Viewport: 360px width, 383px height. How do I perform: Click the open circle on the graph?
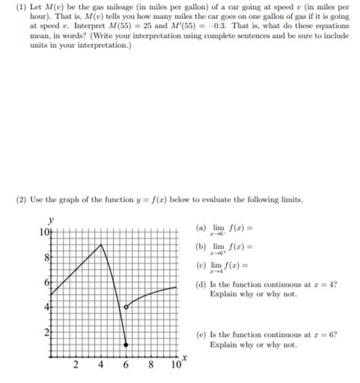coord(126,306)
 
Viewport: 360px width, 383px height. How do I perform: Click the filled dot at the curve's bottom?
coord(126,344)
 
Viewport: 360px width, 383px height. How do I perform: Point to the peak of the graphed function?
coord(102,244)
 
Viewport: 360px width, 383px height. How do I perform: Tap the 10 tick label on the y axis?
coord(45,232)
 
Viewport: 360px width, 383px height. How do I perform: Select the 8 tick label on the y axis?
coord(47,257)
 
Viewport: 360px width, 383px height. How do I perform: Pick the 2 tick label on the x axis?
coord(75,366)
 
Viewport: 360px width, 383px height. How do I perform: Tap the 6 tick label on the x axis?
coord(126,366)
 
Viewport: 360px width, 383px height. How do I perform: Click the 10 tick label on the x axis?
coord(175,366)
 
